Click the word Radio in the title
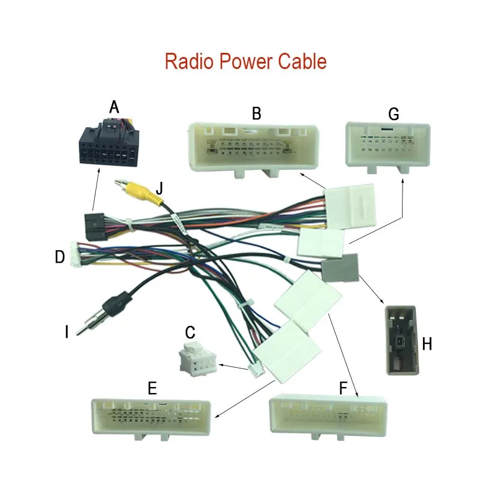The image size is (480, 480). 188,61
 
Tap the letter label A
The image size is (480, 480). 115,107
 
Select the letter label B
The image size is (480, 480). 256,112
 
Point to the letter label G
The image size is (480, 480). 394,113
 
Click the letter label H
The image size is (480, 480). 427,344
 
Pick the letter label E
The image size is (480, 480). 152,388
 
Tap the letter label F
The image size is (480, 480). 343,388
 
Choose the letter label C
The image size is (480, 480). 190,332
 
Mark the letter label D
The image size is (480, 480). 59,257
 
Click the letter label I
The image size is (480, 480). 67,331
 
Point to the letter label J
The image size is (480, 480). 159,189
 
